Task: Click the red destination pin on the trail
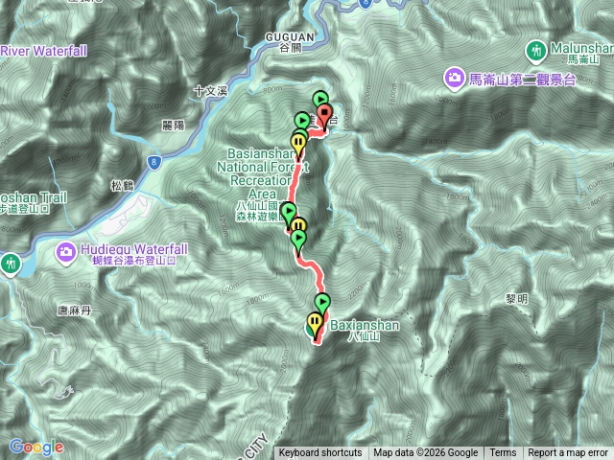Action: [324, 118]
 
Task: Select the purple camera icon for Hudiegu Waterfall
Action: [66, 252]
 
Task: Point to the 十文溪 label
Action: [209, 92]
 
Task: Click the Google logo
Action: [36, 447]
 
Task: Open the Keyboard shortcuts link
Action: [320, 453]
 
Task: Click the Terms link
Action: [503, 453]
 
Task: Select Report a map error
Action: [568, 453]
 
